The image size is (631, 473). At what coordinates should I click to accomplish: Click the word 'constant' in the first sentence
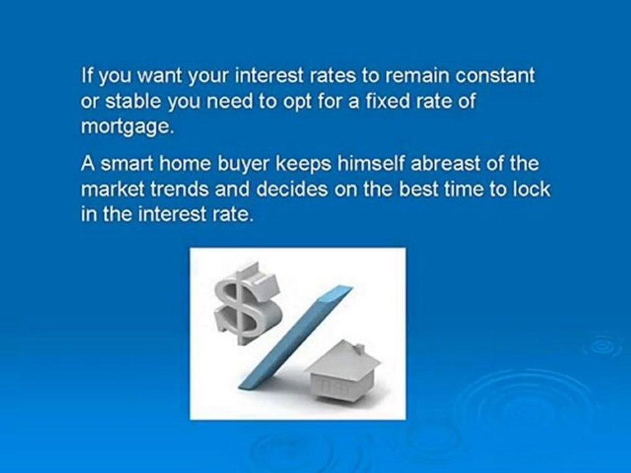click(x=497, y=76)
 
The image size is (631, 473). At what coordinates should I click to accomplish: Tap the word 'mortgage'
click(x=124, y=127)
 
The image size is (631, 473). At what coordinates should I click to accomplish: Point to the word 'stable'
click(x=126, y=102)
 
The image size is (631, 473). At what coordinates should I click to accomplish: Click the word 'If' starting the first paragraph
click(x=86, y=76)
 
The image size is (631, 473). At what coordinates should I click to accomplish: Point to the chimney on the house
click(x=358, y=349)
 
